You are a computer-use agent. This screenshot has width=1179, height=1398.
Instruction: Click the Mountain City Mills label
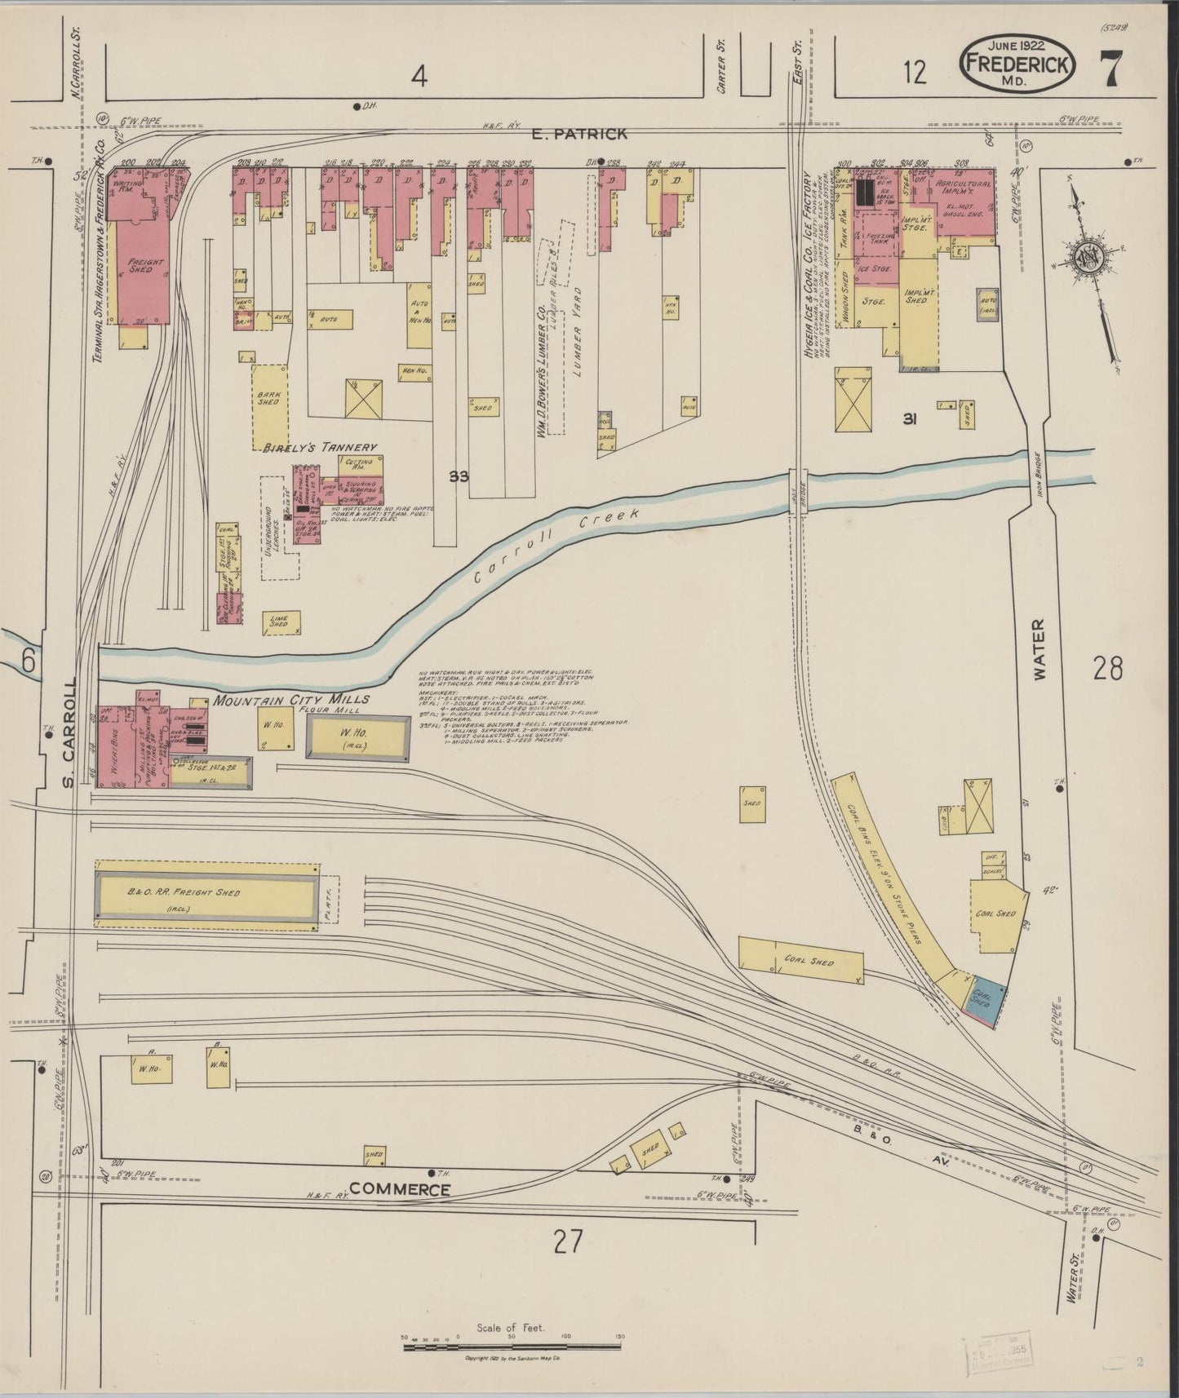[291, 699]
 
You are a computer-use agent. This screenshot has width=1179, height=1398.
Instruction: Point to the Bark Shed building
[270, 403]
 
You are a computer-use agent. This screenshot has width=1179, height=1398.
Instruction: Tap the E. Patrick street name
[578, 134]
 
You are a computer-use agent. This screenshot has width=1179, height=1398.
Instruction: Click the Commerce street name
[400, 1190]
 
